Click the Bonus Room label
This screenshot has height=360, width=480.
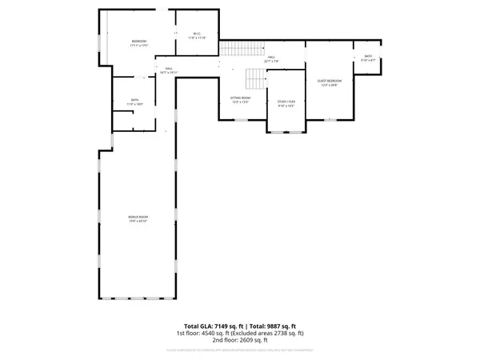[x=138, y=217]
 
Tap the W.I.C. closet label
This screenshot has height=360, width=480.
[x=197, y=34]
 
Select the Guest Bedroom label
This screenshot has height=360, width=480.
[x=329, y=81]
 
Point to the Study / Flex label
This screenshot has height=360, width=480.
[x=286, y=102]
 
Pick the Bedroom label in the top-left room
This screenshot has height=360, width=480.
[x=140, y=42]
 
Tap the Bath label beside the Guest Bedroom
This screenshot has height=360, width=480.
[x=368, y=57]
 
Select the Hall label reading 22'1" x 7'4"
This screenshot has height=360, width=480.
[x=271, y=58]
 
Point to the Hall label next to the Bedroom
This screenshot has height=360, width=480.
[x=169, y=69]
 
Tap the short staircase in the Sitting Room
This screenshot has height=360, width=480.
[x=254, y=78]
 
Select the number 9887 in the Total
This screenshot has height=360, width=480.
[x=276, y=326]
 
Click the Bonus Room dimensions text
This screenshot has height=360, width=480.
[x=138, y=222]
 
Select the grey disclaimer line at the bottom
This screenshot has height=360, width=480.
[x=240, y=349]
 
